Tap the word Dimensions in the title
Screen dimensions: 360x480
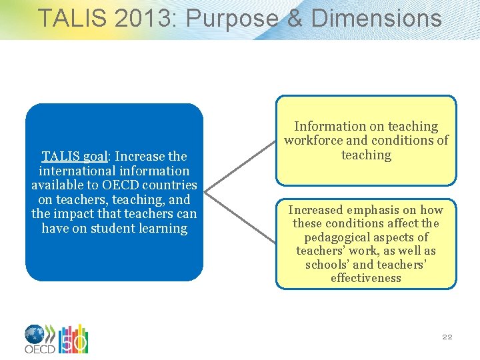click(376, 18)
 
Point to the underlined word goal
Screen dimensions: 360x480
click(97, 157)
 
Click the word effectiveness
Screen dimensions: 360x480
click(366, 278)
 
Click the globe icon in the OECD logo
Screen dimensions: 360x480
click(35, 334)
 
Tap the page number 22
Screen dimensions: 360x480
click(447, 337)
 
